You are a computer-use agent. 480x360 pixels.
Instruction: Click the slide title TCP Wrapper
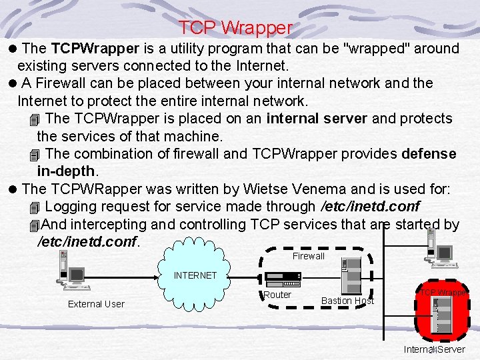pos(235,28)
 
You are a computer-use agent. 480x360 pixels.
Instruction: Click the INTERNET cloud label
pos(195,275)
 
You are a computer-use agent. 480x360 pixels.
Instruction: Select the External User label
pos(96,304)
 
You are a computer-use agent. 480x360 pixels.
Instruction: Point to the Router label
pos(277,295)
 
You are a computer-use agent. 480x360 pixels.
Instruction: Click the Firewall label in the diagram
pos(308,256)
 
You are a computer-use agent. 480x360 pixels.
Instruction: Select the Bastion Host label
pos(347,301)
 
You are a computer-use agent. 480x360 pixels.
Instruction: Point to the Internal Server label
pos(435,349)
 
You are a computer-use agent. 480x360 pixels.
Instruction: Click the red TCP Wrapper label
pos(443,293)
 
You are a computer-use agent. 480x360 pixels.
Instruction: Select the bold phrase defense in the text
pos(429,154)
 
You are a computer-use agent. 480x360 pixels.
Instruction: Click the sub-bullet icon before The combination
pos(36,155)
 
